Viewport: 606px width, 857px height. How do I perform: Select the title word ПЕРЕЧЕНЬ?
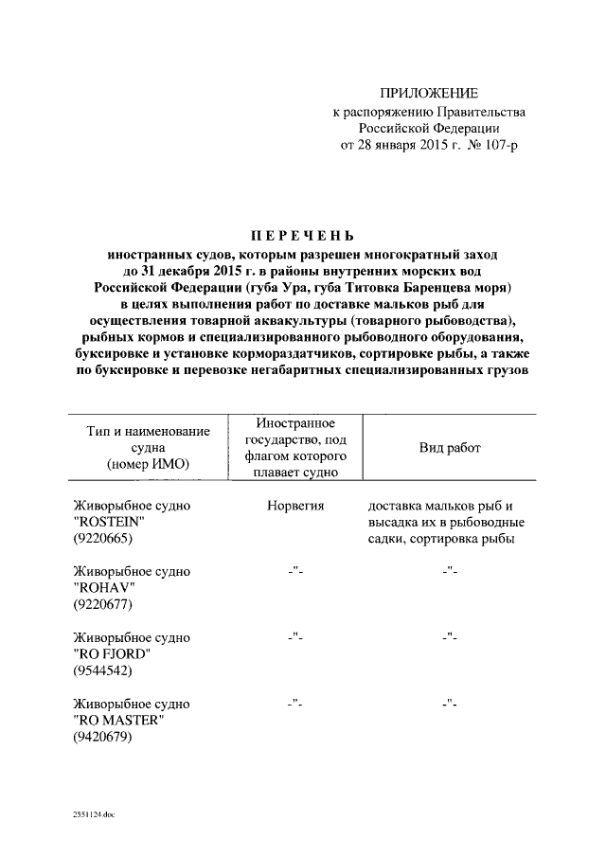302,235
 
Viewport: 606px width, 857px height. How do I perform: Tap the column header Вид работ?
450,448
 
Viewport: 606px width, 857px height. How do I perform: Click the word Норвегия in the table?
296,507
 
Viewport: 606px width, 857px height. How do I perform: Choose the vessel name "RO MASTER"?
118,721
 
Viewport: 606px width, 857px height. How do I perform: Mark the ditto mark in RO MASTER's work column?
450,704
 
